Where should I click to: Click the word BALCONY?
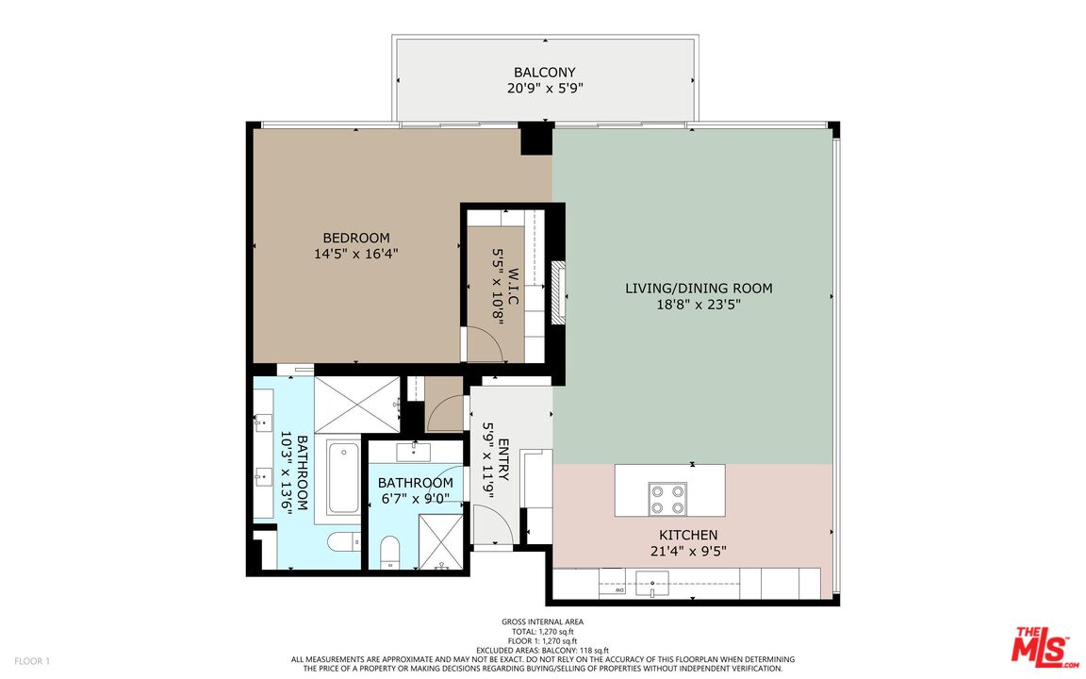click(x=544, y=73)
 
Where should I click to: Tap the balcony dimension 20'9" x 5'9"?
click(x=544, y=89)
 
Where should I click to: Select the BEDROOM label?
click(x=355, y=238)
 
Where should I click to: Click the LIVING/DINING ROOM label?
click(x=699, y=288)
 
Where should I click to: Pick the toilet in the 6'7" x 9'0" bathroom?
click(x=389, y=552)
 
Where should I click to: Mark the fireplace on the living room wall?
click(x=558, y=292)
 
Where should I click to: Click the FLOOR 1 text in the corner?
click(x=33, y=660)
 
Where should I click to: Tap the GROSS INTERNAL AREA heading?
click(x=542, y=621)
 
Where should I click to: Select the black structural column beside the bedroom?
click(x=536, y=139)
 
